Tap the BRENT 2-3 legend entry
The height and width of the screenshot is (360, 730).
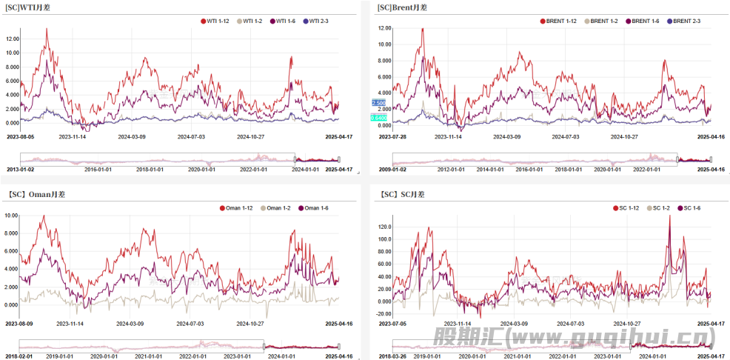pos(688,21)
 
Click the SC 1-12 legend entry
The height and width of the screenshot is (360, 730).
pos(624,208)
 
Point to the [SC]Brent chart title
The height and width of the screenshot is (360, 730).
pos(402,7)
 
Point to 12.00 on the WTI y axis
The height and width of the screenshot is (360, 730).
pos(12,39)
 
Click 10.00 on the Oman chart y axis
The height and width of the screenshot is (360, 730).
pos(12,216)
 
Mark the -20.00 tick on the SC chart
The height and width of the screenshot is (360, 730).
pos(384,313)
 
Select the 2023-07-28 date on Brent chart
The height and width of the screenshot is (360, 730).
pos(393,136)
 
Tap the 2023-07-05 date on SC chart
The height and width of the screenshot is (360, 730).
pos(393,323)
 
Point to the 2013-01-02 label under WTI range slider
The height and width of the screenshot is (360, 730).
pos(21,170)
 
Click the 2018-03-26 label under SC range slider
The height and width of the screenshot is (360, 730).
pos(393,356)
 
